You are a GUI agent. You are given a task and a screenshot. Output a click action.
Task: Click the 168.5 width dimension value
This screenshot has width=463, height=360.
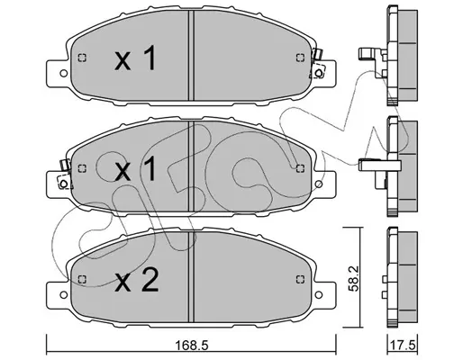click(192, 346)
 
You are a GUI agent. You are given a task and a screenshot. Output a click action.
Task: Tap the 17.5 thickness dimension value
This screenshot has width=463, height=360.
click(402, 346)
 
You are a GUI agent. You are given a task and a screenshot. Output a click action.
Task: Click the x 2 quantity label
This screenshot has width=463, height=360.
click(137, 280)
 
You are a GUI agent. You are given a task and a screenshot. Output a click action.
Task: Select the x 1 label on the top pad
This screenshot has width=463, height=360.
click(135, 58)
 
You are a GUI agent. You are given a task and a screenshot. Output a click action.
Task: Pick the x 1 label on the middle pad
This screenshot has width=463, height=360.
click(135, 169)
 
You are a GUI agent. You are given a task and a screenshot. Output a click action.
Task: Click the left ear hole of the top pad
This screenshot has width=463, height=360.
click(64, 73)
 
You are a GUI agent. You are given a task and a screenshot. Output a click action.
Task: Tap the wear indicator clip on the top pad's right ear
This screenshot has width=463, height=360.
click(317, 64)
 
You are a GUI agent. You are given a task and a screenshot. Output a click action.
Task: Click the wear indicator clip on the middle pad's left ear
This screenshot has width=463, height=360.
click(65, 175)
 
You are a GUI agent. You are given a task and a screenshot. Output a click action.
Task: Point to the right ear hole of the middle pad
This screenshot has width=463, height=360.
click(319, 184)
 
